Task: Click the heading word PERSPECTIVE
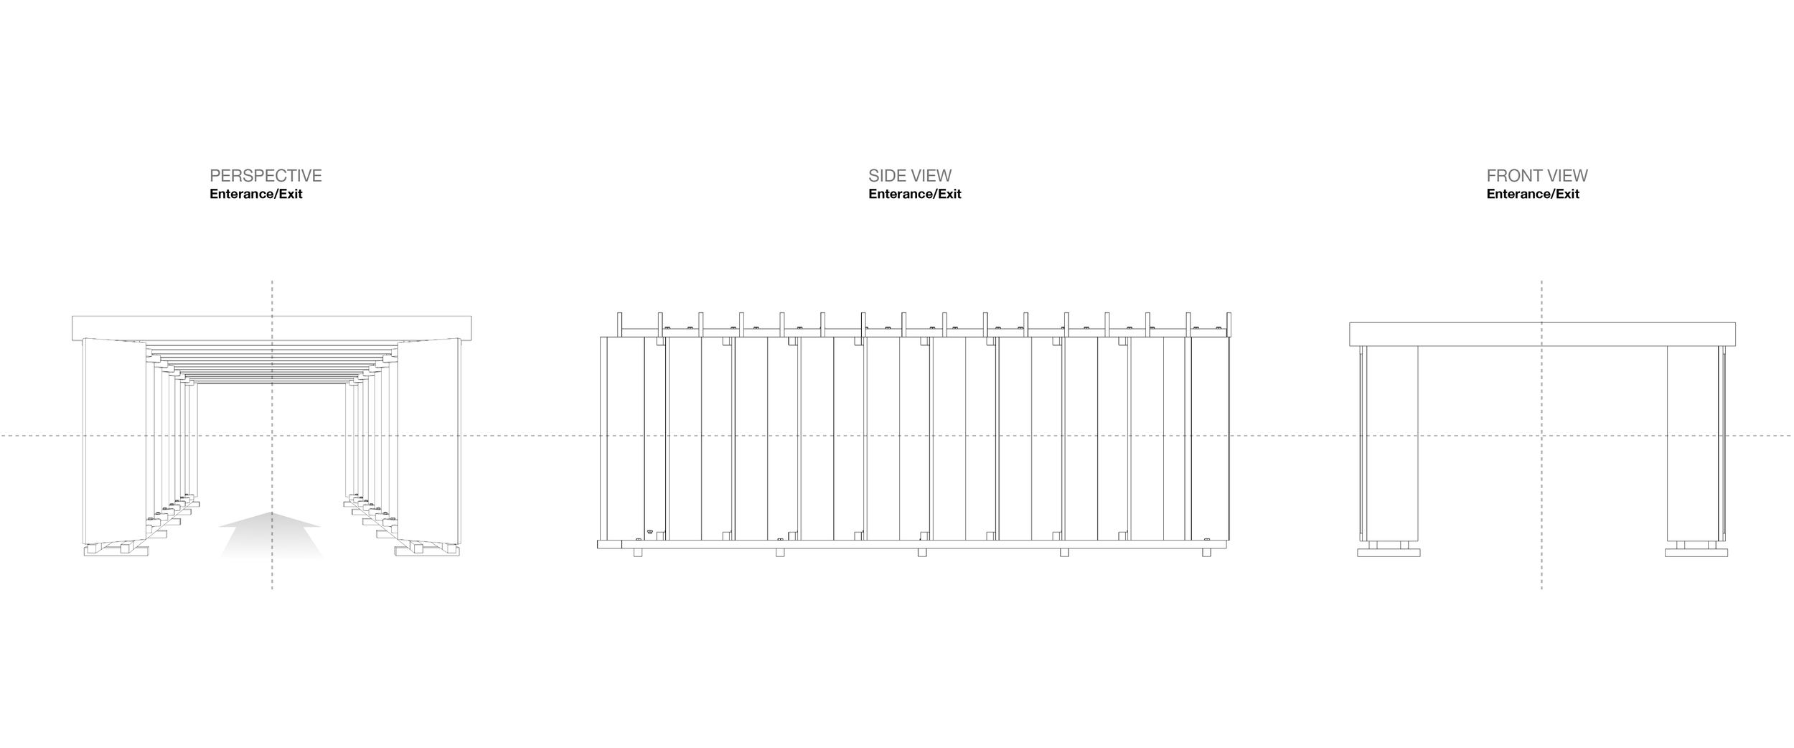point(266,176)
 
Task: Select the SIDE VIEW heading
point(910,176)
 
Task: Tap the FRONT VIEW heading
point(1537,176)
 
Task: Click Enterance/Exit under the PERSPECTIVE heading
point(256,194)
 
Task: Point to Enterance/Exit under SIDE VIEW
point(915,194)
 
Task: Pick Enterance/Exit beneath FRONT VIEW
point(1533,194)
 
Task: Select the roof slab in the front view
point(1542,335)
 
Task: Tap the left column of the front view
point(1391,444)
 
